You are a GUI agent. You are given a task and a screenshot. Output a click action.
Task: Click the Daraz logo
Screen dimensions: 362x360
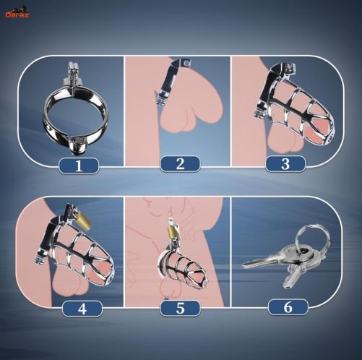click(17, 14)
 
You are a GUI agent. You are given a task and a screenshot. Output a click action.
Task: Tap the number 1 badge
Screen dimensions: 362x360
click(79, 166)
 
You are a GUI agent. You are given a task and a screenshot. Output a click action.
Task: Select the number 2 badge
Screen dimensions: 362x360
click(180, 164)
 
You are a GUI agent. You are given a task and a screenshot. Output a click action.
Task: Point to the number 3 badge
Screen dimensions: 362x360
click(285, 164)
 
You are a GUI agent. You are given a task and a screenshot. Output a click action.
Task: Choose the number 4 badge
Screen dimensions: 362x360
click(82, 309)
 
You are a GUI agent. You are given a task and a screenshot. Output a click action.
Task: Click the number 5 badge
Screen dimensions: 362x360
click(180, 308)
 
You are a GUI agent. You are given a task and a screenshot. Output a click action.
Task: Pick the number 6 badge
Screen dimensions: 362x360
click(288, 307)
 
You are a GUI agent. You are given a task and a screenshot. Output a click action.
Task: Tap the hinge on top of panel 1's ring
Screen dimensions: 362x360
click(72, 74)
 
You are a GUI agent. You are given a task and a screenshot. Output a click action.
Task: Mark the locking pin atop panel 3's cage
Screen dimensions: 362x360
click(290, 69)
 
